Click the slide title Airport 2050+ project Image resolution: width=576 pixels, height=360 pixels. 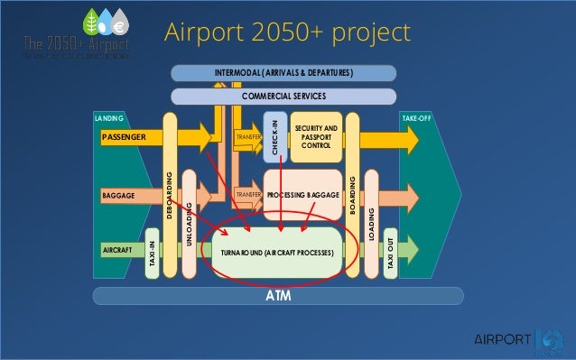click(x=286, y=32)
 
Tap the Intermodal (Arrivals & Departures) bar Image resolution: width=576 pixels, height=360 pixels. click(x=283, y=72)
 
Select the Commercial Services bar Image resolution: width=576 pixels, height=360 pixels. click(x=283, y=95)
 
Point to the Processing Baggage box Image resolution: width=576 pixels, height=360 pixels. click(x=302, y=194)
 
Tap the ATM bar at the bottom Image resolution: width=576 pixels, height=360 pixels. click(x=278, y=296)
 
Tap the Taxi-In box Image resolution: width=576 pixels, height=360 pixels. click(x=153, y=256)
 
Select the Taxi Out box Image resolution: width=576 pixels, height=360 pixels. click(x=390, y=256)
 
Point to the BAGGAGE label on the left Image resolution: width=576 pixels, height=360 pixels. click(x=119, y=194)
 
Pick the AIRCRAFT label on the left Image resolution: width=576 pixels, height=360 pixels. click(x=118, y=248)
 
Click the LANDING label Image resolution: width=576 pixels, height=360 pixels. click(x=108, y=117)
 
